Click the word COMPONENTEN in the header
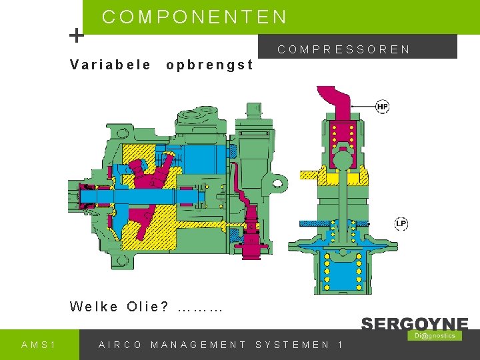tap(195, 17)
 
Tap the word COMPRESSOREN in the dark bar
tap(344, 49)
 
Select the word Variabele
tap(111, 65)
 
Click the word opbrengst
tap(209, 65)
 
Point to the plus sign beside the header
tap(77, 35)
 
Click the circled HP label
tap(383, 107)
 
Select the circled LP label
tap(401, 223)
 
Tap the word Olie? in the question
tap(147, 307)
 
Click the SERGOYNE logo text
tap(414, 324)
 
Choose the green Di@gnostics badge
tap(434, 335)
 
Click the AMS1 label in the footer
tap(39, 345)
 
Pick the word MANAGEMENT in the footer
tap(199, 345)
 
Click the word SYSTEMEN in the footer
tap(293, 345)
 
